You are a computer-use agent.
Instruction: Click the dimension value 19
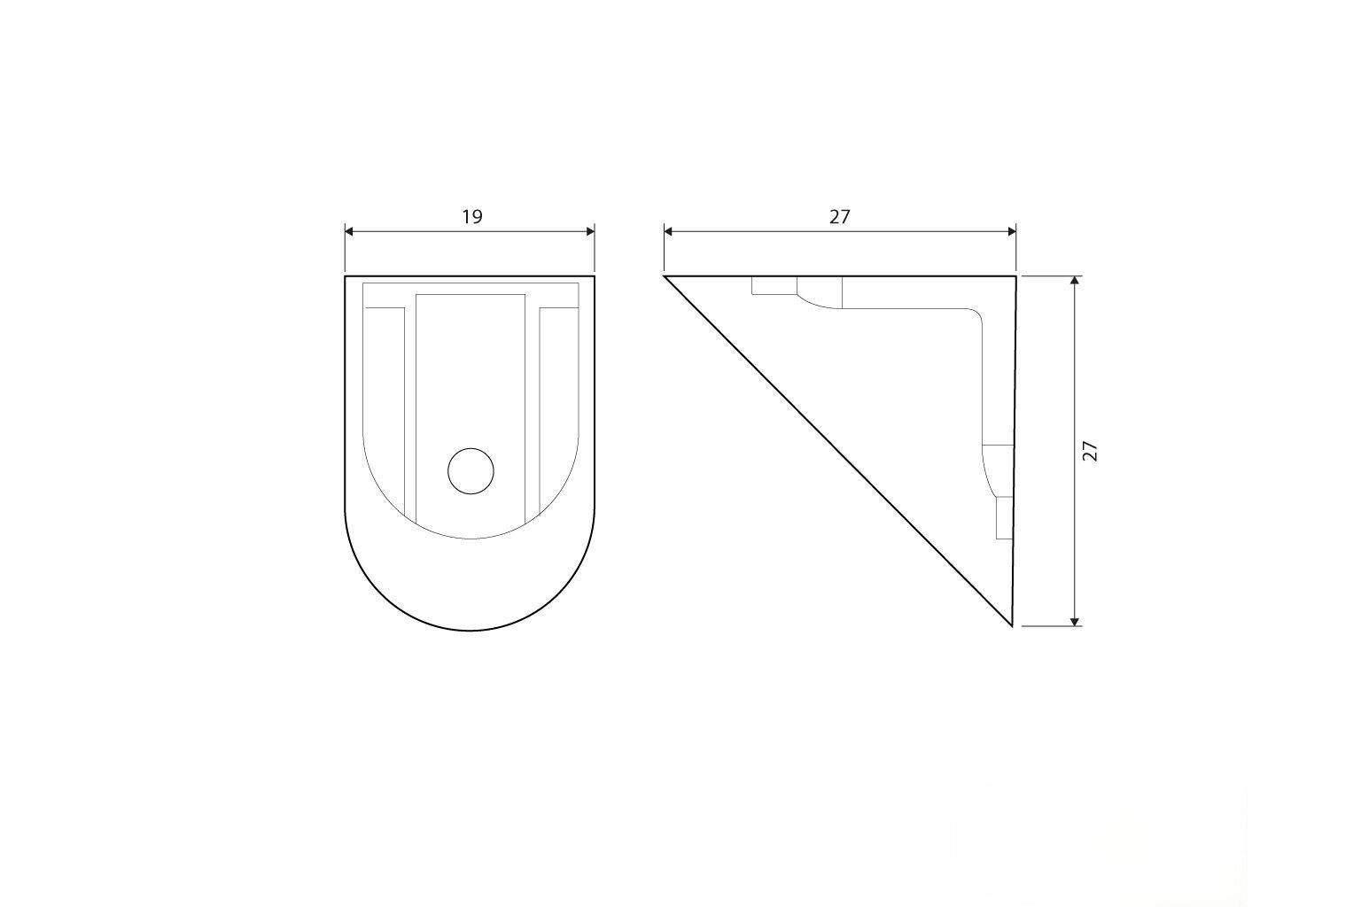coord(472,217)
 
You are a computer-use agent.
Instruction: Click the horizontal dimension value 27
coord(840,217)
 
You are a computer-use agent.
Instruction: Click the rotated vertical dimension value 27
coord(1091,452)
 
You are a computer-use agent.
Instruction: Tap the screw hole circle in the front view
coord(471,471)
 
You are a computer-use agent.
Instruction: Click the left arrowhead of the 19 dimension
coord(349,231)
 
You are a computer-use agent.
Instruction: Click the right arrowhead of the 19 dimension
coord(590,231)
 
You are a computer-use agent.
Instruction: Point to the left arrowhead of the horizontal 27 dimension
coord(668,231)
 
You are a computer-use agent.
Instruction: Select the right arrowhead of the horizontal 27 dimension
coord(1012,231)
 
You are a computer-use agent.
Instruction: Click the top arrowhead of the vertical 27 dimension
coord(1075,281)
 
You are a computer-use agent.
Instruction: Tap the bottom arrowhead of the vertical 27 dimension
coord(1075,621)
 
